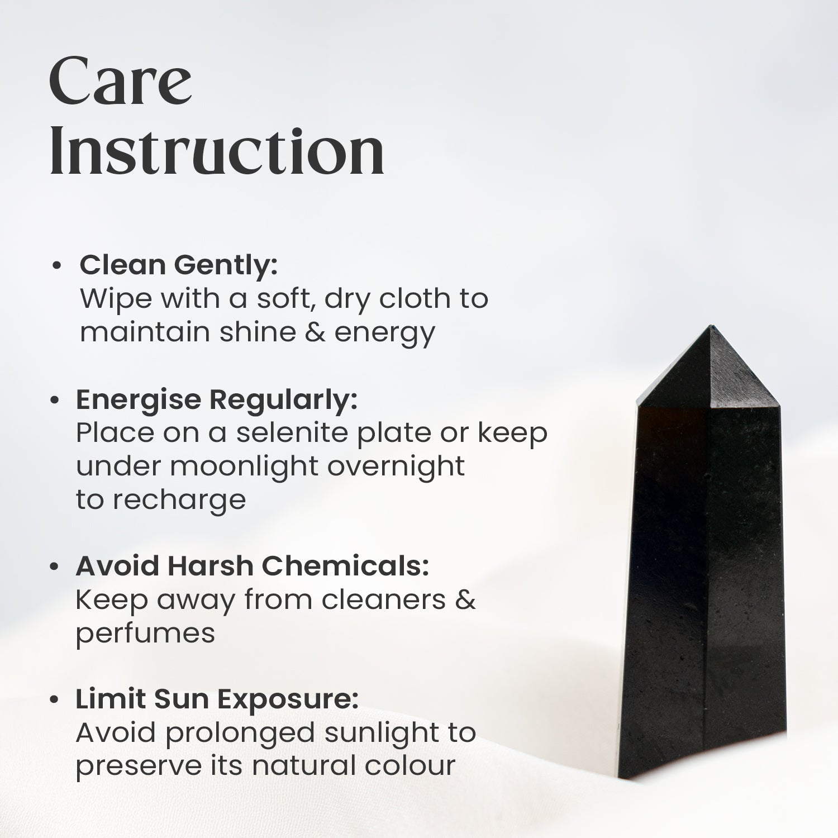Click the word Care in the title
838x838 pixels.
tap(121, 82)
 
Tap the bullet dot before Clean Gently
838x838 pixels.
tap(56, 266)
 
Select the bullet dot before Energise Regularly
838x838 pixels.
tap(54, 401)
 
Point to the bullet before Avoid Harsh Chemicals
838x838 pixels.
tap(54, 567)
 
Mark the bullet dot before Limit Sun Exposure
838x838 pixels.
tap(54, 700)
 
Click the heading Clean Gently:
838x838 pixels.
tap(178, 265)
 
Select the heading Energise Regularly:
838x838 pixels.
tap(216, 400)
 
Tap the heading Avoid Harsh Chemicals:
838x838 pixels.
tap(252, 566)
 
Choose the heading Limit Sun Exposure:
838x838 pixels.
tap(217, 699)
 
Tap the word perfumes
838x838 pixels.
tap(145, 634)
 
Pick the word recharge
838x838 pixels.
tap(179, 500)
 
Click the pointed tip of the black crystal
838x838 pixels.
tap(711, 327)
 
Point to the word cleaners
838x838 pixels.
tap(384, 600)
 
